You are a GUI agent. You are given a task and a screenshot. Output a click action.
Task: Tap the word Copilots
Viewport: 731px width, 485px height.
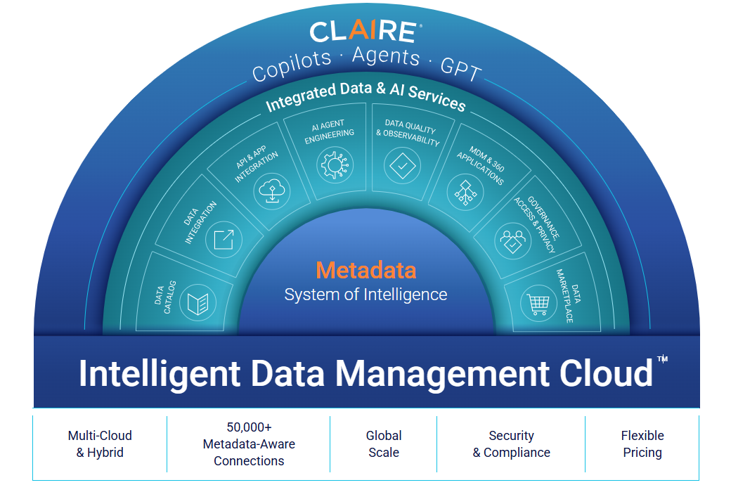pyautogui.click(x=291, y=65)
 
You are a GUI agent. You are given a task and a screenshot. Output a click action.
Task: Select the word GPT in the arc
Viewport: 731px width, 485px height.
pyautogui.click(x=461, y=70)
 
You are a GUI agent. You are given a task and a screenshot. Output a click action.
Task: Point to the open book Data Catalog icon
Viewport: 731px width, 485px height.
pyautogui.click(x=198, y=304)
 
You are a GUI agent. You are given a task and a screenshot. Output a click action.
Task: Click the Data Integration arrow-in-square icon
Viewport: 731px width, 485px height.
pyautogui.click(x=224, y=240)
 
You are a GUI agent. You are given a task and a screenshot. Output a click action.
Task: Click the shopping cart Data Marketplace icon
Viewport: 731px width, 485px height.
pyautogui.click(x=538, y=304)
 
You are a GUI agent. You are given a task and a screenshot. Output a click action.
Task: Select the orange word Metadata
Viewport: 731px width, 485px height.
pyautogui.click(x=365, y=270)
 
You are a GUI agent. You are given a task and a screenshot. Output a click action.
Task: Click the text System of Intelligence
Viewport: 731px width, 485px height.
pyautogui.click(x=365, y=294)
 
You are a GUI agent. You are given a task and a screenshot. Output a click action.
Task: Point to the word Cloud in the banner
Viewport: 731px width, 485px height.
pyautogui.click(x=606, y=373)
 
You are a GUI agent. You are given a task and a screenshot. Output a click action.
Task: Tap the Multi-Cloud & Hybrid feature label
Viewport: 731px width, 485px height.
pyautogui.click(x=100, y=444)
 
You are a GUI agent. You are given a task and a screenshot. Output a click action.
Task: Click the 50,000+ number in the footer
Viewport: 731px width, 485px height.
pyautogui.click(x=249, y=427)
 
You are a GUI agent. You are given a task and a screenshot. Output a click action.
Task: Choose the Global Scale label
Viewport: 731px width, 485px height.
pyautogui.click(x=384, y=444)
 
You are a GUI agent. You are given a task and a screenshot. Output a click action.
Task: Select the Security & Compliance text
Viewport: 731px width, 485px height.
pyautogui.click(x=511, y=444)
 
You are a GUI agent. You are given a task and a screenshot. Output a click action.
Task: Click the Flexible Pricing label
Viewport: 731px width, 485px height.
pyautogui.click(x=642, y=444)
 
